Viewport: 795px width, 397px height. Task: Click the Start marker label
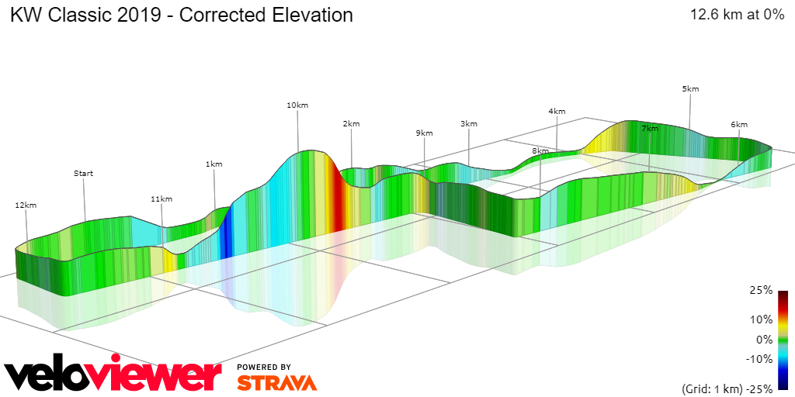83,174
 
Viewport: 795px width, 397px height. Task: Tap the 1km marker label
214,164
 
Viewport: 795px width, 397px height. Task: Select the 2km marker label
351,124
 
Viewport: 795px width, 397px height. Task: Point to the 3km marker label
469,124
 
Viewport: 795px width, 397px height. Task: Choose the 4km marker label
557,112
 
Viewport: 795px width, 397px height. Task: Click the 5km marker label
690,89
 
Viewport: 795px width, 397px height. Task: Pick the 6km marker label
738,125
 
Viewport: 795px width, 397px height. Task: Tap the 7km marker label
650,128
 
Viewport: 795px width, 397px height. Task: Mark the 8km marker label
540,150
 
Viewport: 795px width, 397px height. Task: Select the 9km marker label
424,133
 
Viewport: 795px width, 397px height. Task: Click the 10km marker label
297,105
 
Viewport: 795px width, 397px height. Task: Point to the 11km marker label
161,199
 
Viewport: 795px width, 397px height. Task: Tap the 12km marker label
26,205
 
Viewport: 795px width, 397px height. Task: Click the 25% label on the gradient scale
762,291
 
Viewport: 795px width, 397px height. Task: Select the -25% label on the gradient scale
759,389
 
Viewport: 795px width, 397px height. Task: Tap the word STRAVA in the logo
276,382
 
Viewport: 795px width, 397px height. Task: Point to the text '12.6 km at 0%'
737,15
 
